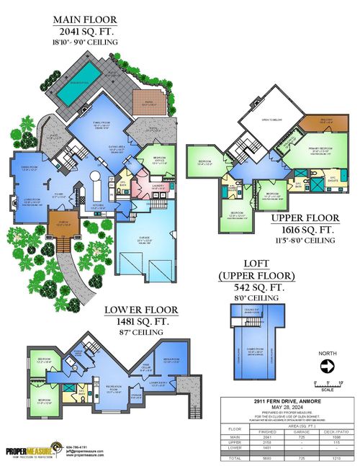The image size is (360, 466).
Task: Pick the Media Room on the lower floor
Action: click(171, 359)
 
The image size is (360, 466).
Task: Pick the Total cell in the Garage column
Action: click(294, 456)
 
